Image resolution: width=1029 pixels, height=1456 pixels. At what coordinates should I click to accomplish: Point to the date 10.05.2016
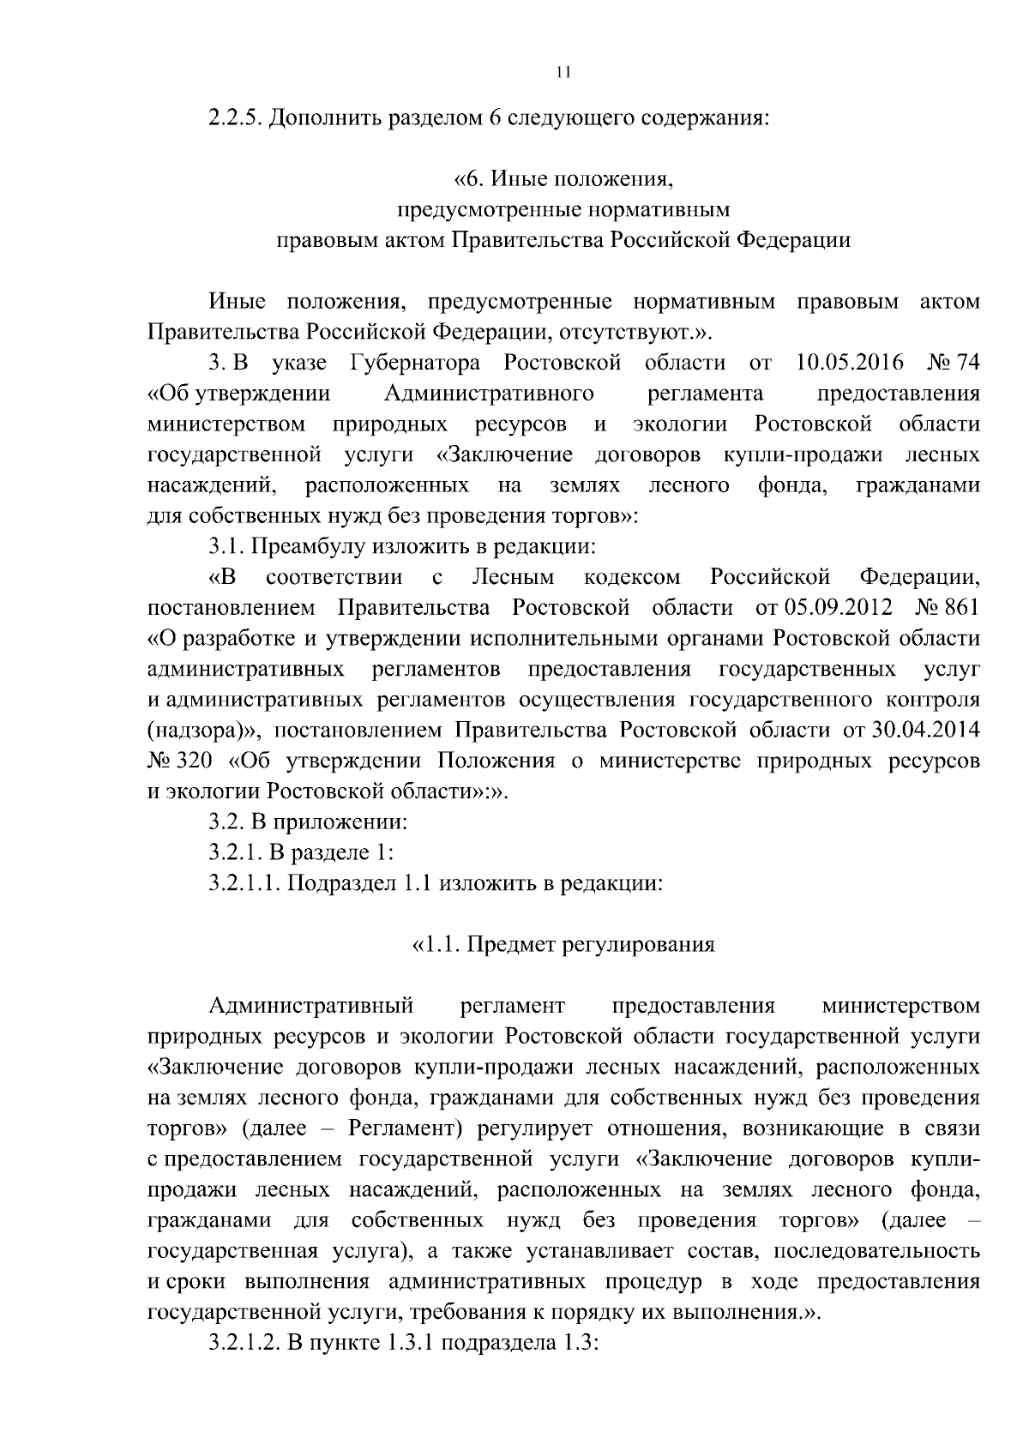[x=850, y=363]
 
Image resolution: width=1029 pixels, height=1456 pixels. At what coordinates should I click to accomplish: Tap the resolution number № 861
[x=947, y=608]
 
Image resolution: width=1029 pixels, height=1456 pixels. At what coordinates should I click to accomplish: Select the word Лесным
[x=514, y=577]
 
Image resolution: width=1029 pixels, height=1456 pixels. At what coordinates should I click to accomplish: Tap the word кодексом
[x=631, y=577]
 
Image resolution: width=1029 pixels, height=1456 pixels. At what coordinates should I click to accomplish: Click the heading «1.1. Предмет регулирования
[x=563, y=945]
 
